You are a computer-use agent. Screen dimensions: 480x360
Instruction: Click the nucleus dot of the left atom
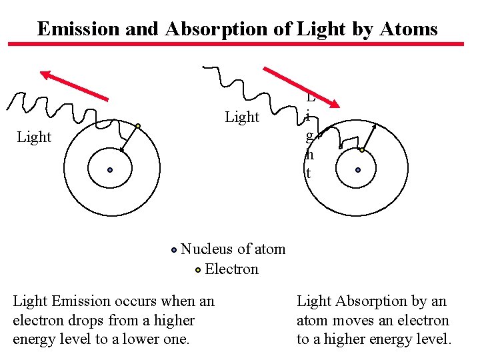tap(110, 170)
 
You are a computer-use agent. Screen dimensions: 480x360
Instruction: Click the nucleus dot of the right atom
tap(358, 170)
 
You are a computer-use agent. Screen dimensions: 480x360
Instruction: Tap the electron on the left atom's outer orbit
tap(138, 126)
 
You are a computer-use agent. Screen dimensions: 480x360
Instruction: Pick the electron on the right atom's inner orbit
tap(362, 150)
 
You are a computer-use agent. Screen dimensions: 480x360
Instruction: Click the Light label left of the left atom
tap(34, 137)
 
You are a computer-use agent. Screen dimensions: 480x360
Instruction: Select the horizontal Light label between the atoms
tap(242, 117)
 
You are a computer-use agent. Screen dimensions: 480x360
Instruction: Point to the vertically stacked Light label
tap(309, 137)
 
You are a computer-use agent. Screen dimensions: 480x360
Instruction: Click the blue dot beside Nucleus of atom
tap(173, 250)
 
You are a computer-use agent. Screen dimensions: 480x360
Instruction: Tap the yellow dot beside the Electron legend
tap(198, 270)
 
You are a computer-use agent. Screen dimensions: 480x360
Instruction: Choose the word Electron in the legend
tap(231, 269)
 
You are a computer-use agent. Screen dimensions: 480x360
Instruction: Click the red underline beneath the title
tap(235, 45)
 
